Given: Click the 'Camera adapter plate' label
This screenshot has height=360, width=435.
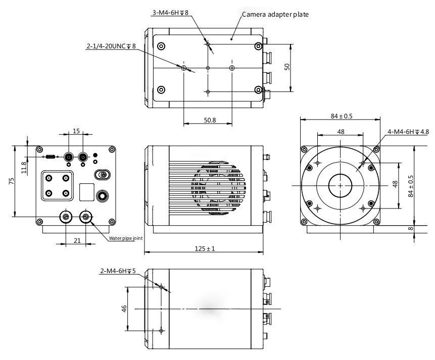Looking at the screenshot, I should pyautogui.click(x=275, y=15).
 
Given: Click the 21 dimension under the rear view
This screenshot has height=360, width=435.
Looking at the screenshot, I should pyautogui.click(x=77, y=240).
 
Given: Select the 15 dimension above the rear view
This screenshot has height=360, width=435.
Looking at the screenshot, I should pyautogui.click(x=76, y=131).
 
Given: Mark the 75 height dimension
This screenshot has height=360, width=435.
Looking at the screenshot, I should pyautogui.click(x=11, y=181).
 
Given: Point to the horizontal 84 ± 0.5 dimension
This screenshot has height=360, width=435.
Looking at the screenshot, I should pyautogui.click(x=342, y=116).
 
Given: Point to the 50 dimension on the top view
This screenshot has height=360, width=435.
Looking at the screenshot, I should pyautogui.click(x=287, y=67).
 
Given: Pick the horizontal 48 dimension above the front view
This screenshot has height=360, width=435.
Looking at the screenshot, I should pyautogui.click(x=341, y=131).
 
